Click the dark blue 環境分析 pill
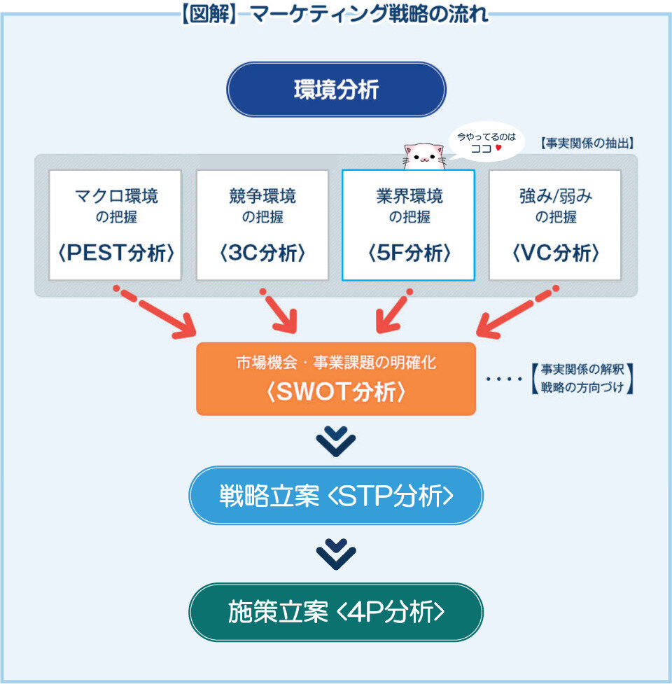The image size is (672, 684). [336, 90]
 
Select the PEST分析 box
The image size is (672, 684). [115, 225]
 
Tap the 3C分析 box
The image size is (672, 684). [262, 225]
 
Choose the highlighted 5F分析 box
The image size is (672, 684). [408, 225]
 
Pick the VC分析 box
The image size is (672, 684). [555, 225]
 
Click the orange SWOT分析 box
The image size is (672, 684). [336, 379]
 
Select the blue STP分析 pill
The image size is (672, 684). [336, 496]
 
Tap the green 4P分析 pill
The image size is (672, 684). [336, 612]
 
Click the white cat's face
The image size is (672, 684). [424, 156]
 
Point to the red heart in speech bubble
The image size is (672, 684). [498, 148]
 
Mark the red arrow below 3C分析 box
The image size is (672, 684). [280, 312]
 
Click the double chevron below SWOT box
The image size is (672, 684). [336, 442]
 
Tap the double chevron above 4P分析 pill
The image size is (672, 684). [336, 554]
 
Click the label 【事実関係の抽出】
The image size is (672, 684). [587, 143]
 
